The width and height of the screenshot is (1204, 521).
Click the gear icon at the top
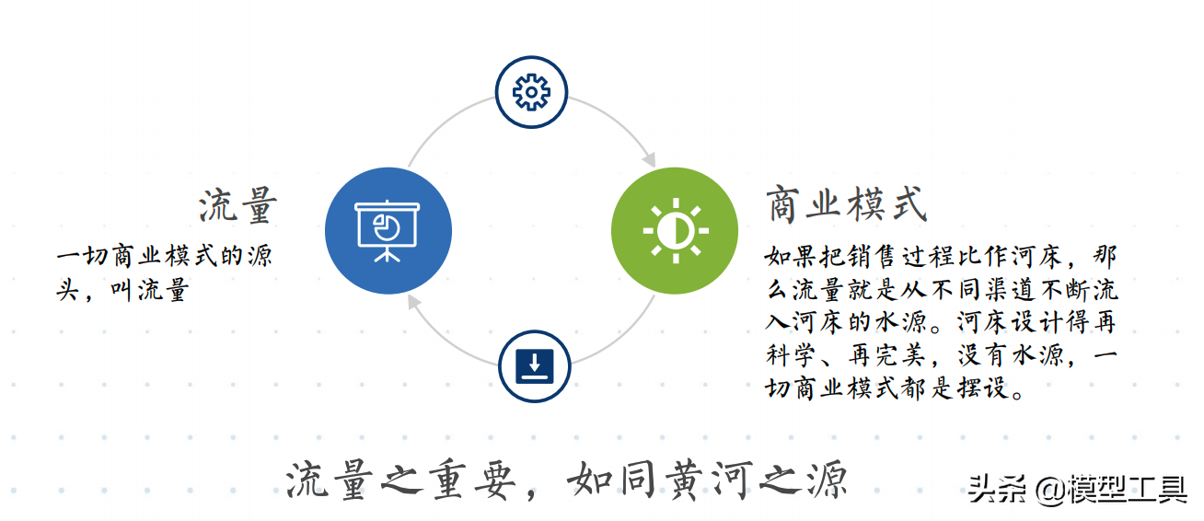tap(531, 91)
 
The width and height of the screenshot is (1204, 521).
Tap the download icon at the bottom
tap(534, 366)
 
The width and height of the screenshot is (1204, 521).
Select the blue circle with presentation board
tap(388, 231)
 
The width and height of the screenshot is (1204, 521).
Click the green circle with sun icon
tap(675, 230)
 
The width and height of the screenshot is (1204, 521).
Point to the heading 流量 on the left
tap(238, 206)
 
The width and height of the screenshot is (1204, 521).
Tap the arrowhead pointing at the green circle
tap(649, 159)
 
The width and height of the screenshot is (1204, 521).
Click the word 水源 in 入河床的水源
tap(924, 321)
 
